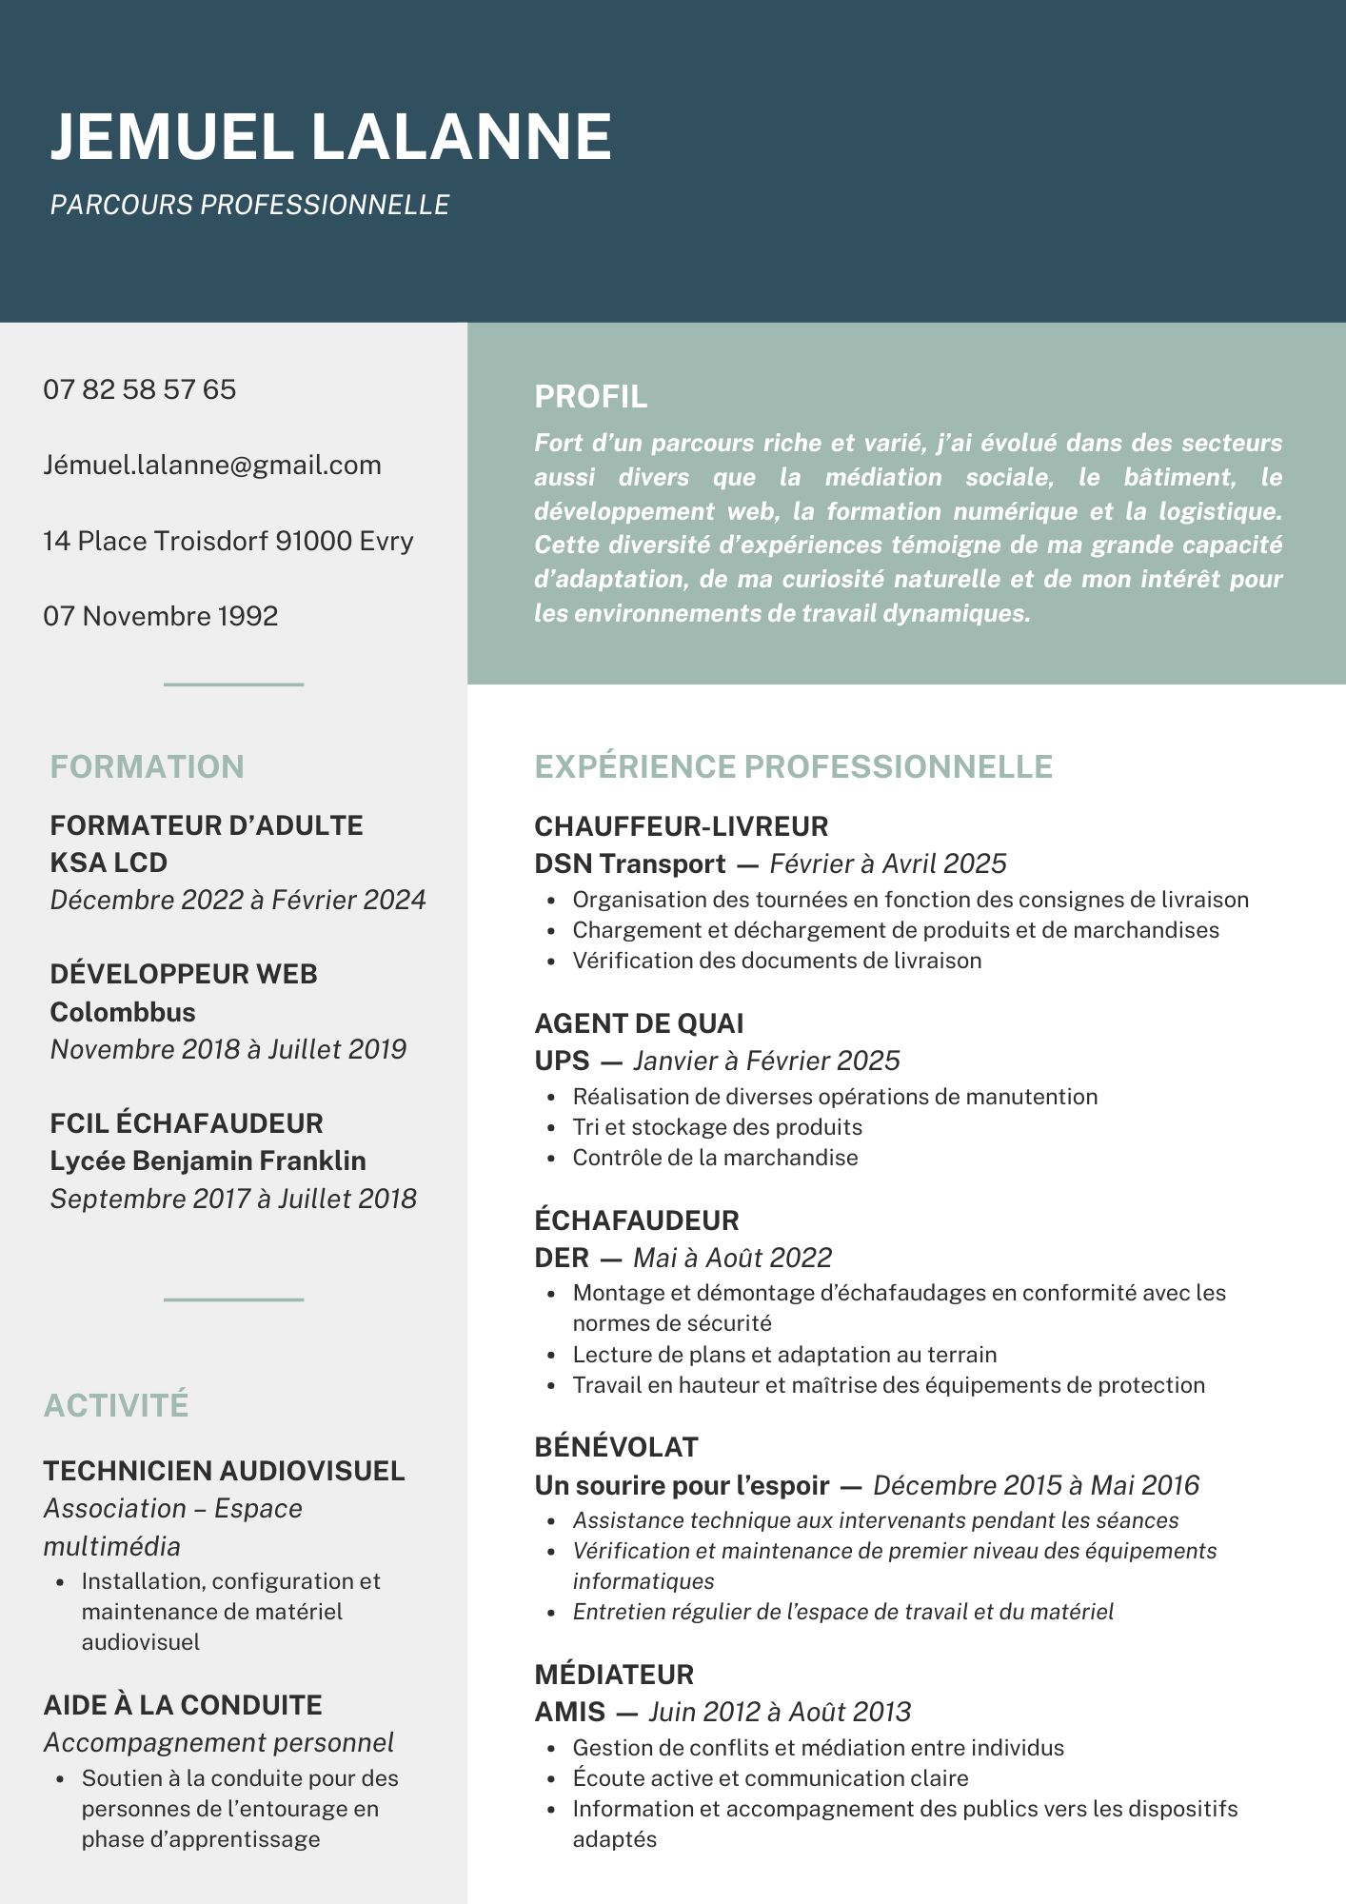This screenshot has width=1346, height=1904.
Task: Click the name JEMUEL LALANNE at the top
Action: point(330,136)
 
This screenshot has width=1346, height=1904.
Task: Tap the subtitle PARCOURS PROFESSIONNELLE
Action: point(249,205)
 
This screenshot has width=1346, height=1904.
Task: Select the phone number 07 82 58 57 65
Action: point(140,389)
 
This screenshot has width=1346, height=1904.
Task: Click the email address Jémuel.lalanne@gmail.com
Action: point(212,465)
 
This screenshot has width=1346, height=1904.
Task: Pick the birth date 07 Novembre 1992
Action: point(161,616)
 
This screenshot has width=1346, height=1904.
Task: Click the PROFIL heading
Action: point(590,396)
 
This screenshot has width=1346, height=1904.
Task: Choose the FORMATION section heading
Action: point(148,766)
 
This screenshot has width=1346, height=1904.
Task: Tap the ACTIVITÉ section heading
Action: point(116,1405)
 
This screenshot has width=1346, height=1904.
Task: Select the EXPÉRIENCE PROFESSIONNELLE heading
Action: point(793,766)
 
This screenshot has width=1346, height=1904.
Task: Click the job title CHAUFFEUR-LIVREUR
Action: point(682,825)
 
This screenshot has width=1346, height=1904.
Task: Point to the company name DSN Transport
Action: point(630,863)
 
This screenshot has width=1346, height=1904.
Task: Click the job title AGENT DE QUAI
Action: point(639,1023)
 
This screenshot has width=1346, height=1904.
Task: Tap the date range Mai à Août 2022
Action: point(732,1258)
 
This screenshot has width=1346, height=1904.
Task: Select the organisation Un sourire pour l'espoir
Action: point(682,1485)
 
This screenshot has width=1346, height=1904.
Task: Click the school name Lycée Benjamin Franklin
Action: point(208,1160)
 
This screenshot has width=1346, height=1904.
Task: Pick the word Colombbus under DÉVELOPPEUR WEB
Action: point(123,1012)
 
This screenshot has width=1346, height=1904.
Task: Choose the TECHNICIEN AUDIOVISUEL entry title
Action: point(224,1471)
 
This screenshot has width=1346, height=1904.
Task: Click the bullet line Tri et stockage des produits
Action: point(717,1127)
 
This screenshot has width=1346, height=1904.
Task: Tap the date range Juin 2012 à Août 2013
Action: point(780,1712)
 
